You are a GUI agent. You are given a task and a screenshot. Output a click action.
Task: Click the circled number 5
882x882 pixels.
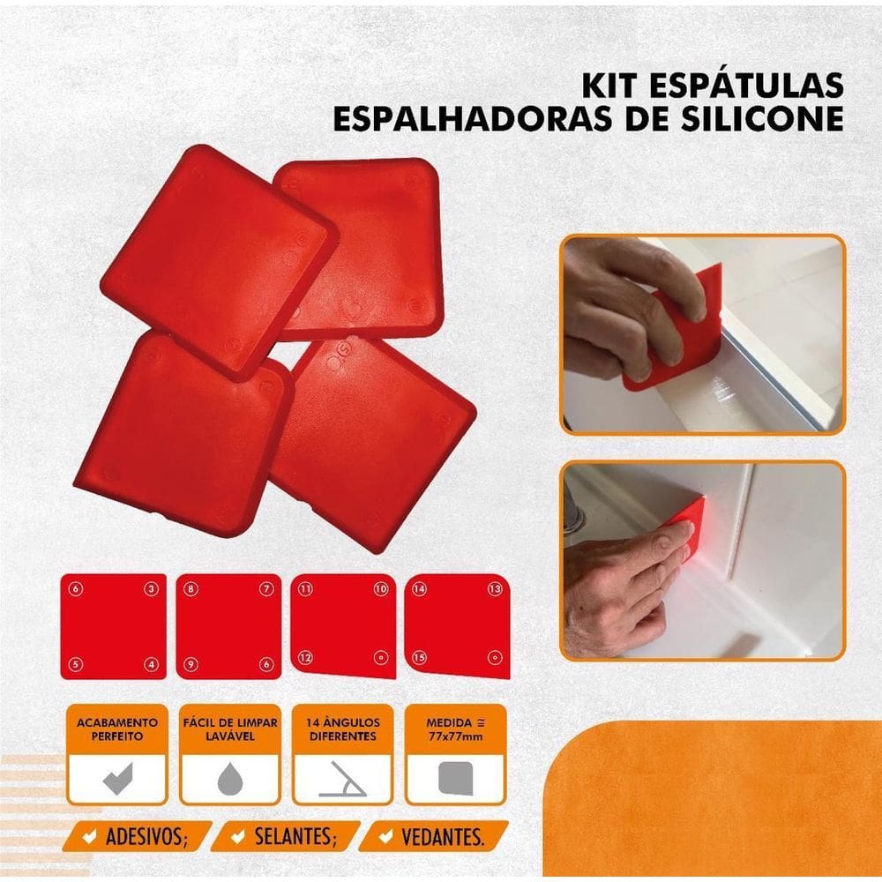click(x=76, y=663)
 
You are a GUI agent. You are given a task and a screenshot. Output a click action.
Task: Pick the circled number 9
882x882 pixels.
click(x=191, y=663)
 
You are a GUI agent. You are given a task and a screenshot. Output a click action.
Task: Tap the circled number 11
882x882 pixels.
click(x=306, y=588)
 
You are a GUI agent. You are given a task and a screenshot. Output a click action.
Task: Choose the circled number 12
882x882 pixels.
click(x=305, y=656)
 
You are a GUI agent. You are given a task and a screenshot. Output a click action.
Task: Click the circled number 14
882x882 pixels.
click(x=420, y=588)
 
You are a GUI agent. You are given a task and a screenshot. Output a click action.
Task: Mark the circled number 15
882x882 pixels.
click(x=420, y=657)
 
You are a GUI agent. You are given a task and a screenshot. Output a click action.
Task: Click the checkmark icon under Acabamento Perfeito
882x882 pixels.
click(x=115, y=780)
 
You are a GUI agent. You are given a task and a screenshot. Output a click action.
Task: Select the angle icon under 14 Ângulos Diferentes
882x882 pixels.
click(x=342, y=780)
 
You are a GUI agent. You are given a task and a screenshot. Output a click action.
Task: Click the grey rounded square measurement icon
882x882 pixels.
click(x=455, y=780)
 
